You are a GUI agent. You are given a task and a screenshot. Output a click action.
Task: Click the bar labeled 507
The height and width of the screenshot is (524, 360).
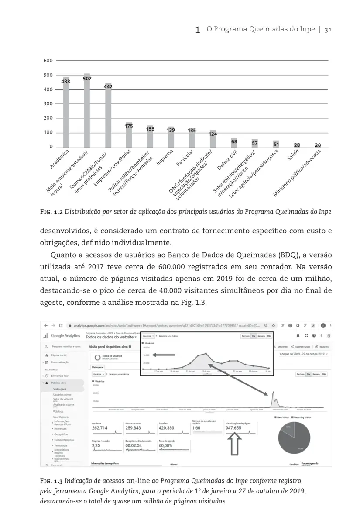coord(87,111)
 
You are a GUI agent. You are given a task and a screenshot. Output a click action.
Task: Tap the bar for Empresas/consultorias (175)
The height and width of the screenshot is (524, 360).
coord(129,135)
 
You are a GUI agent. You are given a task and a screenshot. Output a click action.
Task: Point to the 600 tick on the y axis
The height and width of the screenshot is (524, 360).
coord(48,60)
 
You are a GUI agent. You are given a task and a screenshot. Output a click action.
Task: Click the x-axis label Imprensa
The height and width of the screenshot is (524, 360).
coord(165,158)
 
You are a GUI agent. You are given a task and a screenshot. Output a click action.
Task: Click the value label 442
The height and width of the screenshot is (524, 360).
coord(108,87)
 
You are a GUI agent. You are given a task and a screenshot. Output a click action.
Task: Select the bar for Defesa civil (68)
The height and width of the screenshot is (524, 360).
coord(234,143)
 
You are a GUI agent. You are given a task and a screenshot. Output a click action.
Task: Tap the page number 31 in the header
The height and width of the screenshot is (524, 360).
coord(329,30)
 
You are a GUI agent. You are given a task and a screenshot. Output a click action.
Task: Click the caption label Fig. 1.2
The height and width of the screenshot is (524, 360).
coord(51,212)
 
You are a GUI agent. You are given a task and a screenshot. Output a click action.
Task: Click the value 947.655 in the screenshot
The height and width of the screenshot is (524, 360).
coord(233,428)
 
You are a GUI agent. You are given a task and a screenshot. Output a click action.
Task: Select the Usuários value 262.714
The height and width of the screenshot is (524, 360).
coord(99,428)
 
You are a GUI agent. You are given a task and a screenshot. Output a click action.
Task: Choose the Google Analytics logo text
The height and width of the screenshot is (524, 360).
coord(65,335)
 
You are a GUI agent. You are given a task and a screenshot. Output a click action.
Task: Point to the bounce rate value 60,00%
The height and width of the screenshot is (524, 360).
coord(165,445)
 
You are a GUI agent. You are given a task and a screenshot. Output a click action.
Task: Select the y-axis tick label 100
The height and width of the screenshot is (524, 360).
coord(48,132)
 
